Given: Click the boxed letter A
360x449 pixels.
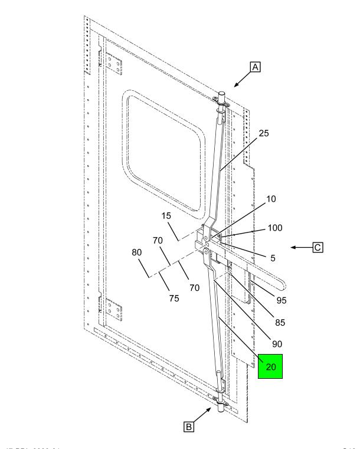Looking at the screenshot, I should (x=256, y=68).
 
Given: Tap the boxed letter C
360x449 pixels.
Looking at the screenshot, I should (x=334, y=248).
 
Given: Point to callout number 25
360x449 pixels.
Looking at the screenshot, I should (x=264, y=133).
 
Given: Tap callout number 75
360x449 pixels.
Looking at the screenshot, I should (x=174, y=298).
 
